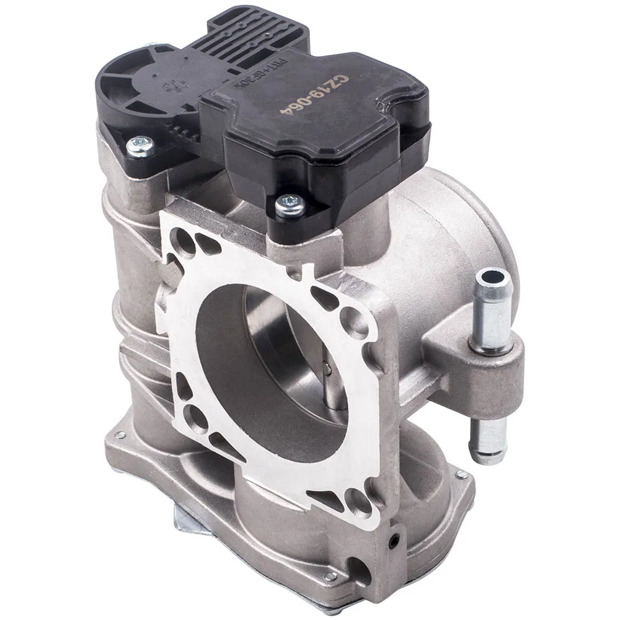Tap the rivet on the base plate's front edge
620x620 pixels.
click(x=330, y=576)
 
